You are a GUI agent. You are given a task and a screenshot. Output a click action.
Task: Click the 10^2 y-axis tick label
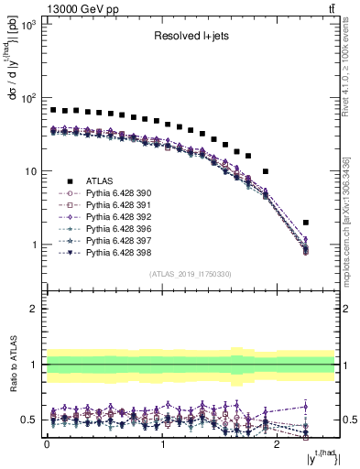tap(28, 98)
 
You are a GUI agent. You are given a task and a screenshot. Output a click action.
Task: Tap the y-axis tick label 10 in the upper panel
tap(30, 171)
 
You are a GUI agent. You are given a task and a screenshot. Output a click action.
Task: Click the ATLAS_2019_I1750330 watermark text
tap(190, 274)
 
